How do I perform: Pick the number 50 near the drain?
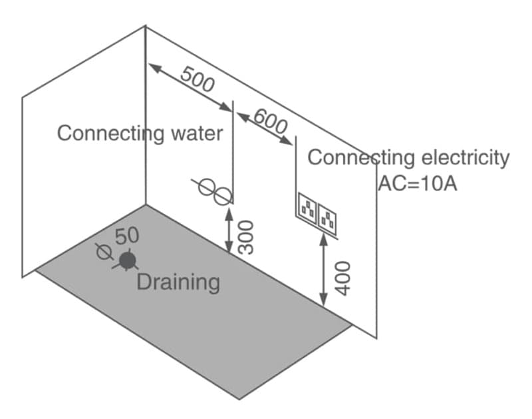126,235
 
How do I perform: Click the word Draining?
178,282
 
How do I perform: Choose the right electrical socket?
329,216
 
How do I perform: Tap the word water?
196,133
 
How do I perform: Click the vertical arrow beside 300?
228,230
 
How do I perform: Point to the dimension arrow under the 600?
265,129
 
